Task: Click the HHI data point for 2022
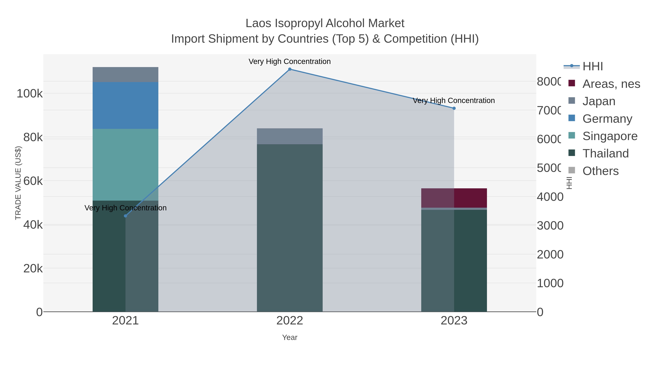point(290,69)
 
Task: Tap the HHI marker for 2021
point(125,216)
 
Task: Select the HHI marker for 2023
point(454,108)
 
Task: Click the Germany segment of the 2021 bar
point(125,105)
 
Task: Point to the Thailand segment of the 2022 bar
point(290,227)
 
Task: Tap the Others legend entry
point(600,171)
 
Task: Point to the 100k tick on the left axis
point(30,94)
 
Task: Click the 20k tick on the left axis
point(33,269)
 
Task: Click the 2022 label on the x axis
point(290,321)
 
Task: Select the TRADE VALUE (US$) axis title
point(18,183)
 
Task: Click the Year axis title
point(290,337)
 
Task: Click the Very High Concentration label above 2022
point(289,61)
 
